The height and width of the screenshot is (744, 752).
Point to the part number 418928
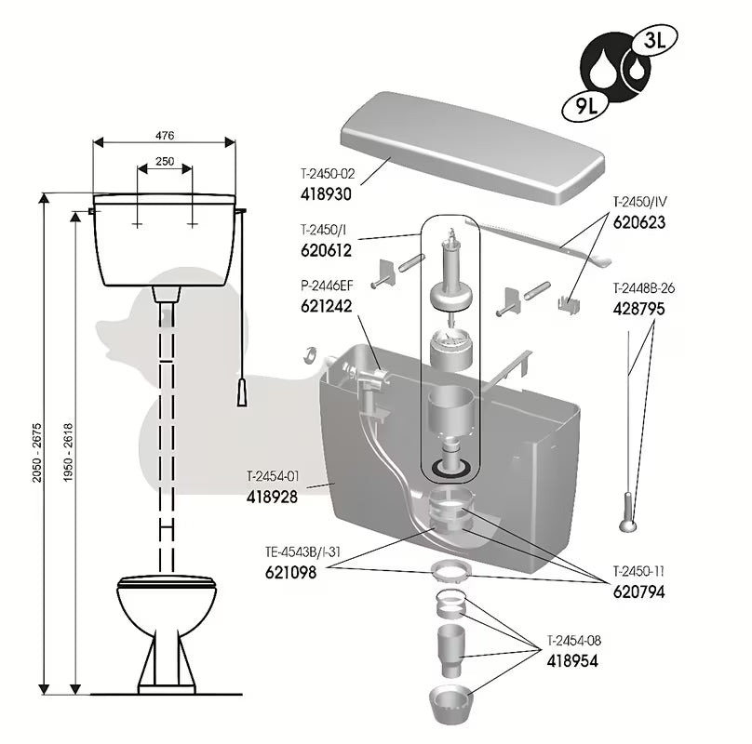point(272,498)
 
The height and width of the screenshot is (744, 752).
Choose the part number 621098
point(291,574)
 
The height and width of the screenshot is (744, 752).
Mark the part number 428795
point(638,309)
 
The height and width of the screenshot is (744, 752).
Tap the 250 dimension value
point(165,161)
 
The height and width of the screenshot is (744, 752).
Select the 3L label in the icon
point(653,41)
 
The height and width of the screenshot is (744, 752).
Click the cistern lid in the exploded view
point(470,149)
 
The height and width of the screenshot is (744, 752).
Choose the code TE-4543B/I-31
point(303,551)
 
